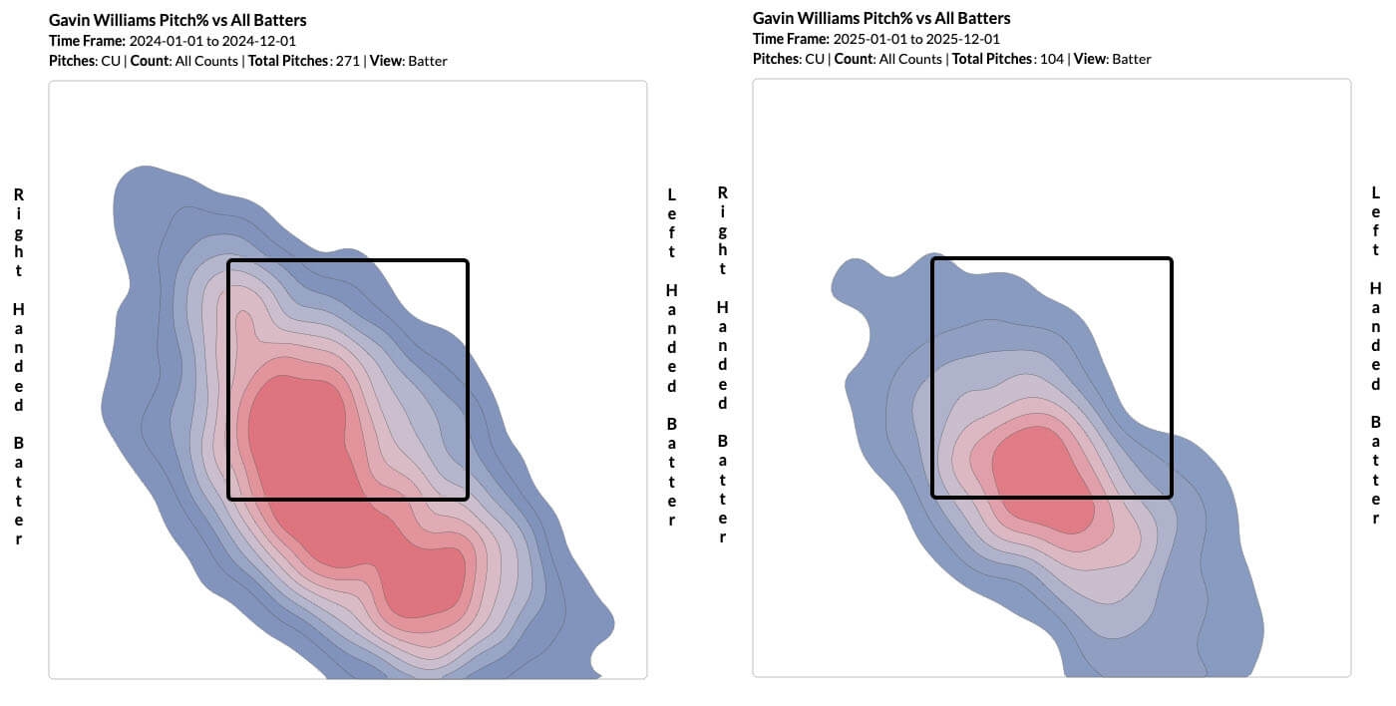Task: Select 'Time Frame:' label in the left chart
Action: pyautogui.click(x=87, y=41)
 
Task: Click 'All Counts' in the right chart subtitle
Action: pyautogui.click(x=910, y=59)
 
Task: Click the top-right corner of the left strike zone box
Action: pyautogui.click(x=467, y=261)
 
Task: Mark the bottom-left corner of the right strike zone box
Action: pyautogui.click(x=932, y=497)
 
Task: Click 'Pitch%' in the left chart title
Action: pyautogui.click(x=185, y=20)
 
